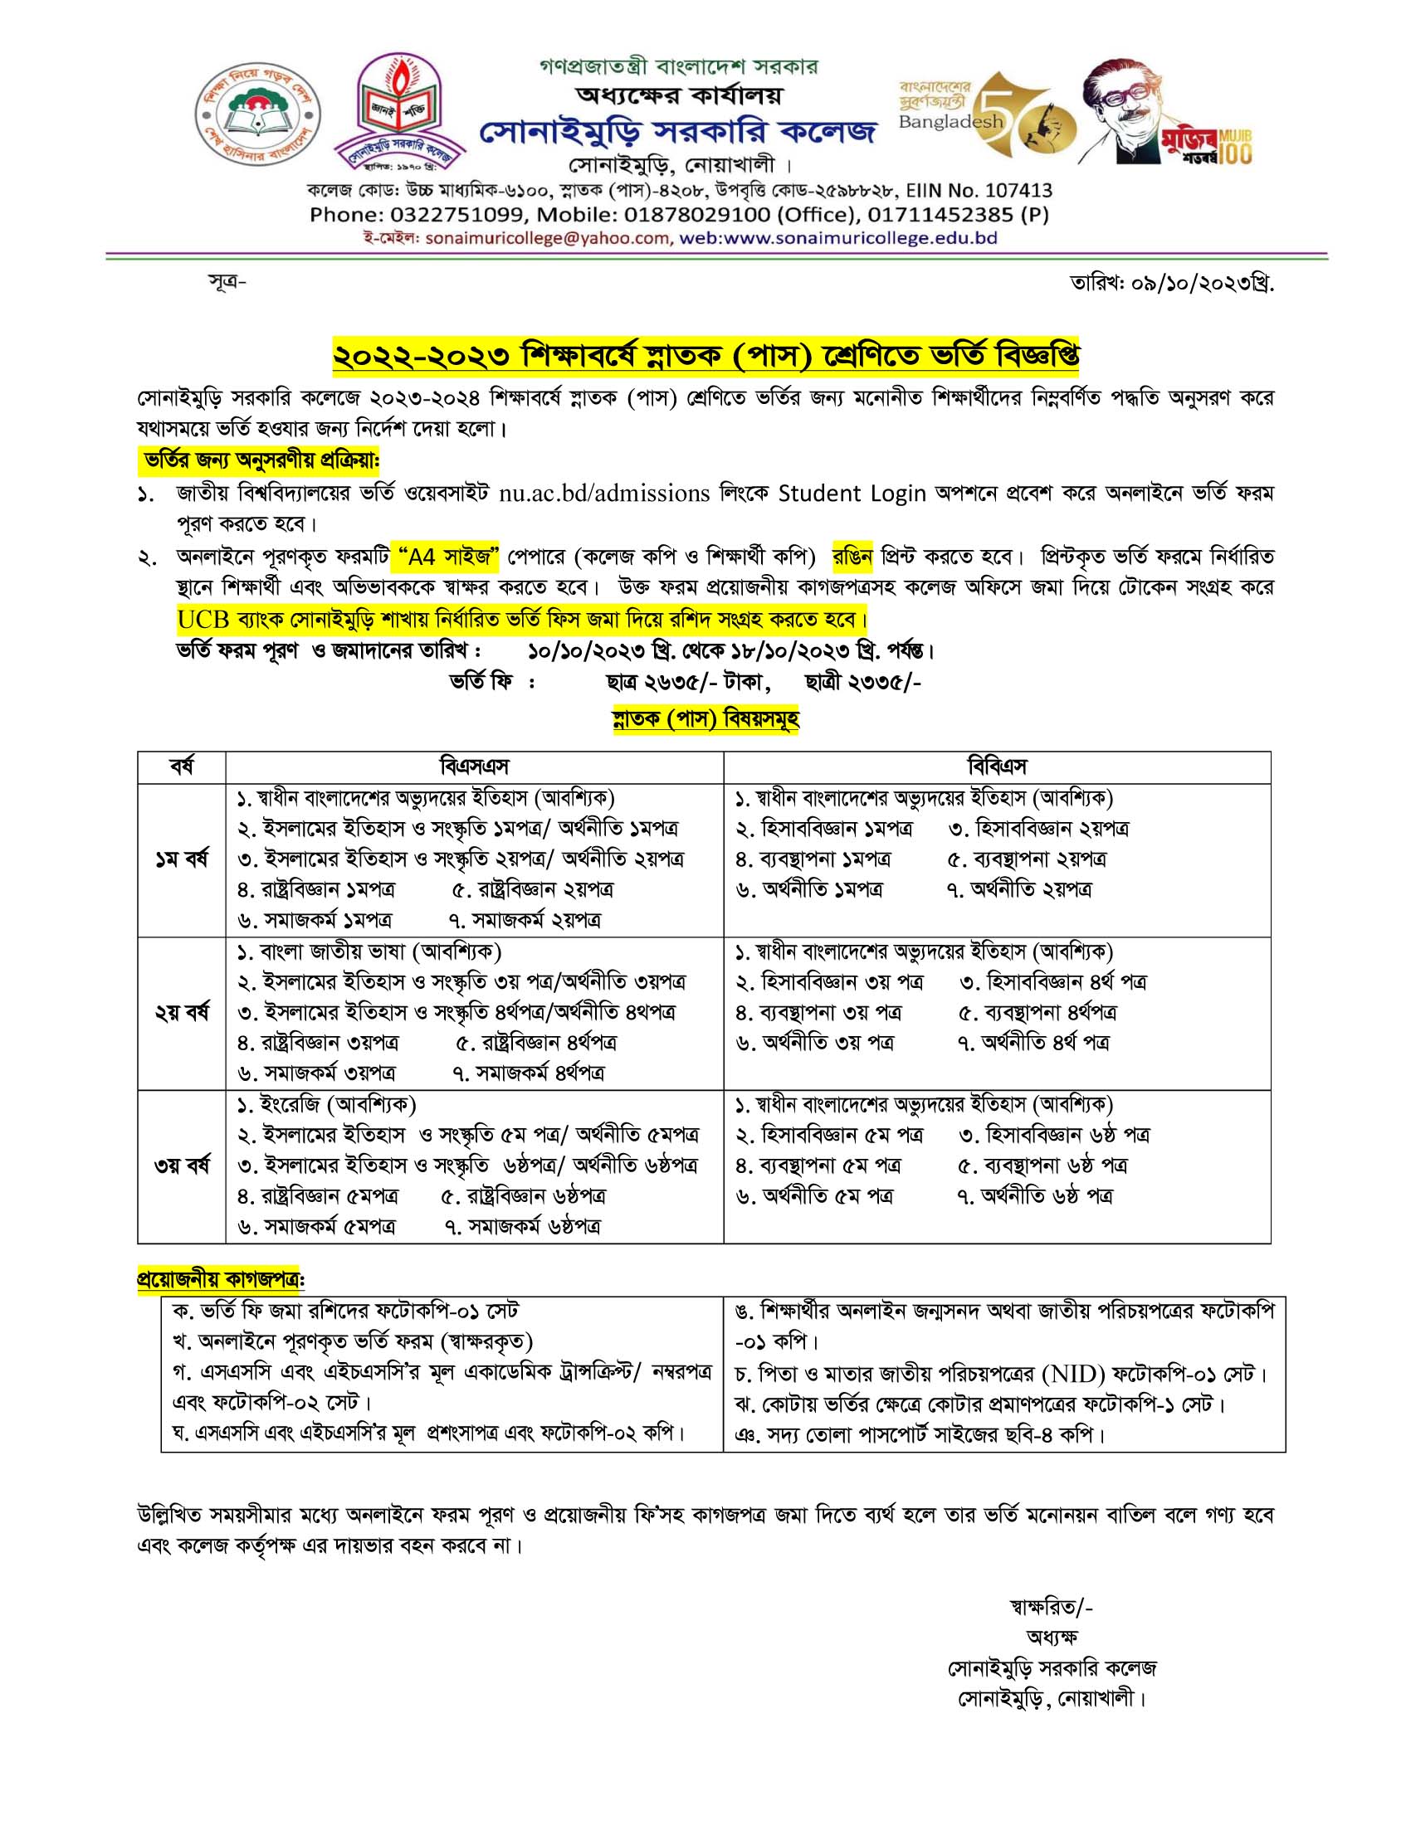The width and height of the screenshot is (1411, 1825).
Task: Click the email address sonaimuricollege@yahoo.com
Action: (x=548, y=238)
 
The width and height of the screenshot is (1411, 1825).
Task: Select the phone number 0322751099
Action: (x=457, y=215)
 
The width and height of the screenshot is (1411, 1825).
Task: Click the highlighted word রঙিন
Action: (x=852, y=557)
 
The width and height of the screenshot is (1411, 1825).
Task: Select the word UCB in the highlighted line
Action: (x=203, y=620)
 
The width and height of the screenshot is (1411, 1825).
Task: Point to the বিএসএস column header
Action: (x=474, y=766)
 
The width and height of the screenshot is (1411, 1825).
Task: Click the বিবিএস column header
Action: (x=996, y=766)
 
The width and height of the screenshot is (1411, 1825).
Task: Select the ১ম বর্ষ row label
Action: (x=182, y=859)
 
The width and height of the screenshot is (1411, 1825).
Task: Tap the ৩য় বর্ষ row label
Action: (x=182, y=1165)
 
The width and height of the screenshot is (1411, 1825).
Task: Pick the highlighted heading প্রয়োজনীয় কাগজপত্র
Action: (x=220, y=1279)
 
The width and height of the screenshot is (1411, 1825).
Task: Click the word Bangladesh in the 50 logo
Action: (x=950, y=122)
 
